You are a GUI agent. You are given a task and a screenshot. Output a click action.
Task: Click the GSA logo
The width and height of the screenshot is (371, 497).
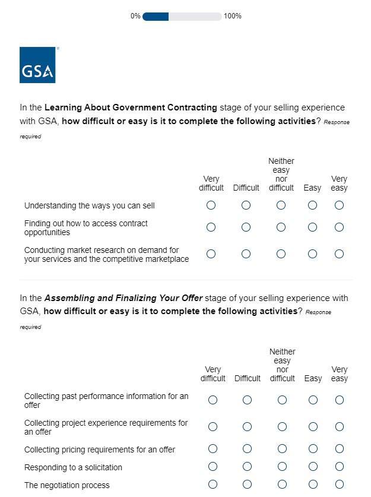click(37, 65)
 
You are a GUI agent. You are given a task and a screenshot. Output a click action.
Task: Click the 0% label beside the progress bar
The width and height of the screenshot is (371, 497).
click(135, 16)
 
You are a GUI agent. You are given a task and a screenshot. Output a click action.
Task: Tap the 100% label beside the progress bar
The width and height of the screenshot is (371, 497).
click(233, 16)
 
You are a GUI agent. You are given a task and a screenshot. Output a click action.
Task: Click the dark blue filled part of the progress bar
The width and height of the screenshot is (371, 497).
click(156, 16)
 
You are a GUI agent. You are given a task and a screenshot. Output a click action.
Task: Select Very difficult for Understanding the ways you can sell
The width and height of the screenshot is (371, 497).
click(211, 205)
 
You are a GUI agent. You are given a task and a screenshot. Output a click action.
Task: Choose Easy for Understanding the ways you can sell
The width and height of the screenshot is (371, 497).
click(312, 205)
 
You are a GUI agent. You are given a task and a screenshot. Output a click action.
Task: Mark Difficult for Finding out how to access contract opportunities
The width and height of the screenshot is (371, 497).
click(246, 227)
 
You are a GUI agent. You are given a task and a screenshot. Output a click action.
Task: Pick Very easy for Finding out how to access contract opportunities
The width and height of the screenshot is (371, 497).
click(339, 227)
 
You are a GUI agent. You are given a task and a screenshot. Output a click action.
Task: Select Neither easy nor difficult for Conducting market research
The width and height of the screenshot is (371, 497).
click(281, 254)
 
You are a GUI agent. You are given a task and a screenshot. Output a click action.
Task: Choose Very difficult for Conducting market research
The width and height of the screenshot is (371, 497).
click(211, 254)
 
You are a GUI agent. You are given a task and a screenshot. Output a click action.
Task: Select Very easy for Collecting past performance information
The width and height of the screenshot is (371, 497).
click(340, 400)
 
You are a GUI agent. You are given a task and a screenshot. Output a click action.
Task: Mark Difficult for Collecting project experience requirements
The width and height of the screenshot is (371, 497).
click(247, 427)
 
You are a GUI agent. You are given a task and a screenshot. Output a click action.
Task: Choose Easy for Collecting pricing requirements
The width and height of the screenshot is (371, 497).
click(313, 449)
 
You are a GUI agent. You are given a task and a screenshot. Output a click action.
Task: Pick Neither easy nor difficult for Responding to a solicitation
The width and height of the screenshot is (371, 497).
click(282, 467)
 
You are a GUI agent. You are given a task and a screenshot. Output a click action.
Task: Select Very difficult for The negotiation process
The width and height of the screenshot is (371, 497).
click(213, 485)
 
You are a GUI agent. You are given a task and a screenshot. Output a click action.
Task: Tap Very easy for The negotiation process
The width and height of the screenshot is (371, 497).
click(340, 485)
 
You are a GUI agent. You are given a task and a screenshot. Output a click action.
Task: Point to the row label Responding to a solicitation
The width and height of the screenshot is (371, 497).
click(73, 467)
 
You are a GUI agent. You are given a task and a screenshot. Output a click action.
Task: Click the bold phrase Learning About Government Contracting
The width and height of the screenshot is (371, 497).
click(131, 107)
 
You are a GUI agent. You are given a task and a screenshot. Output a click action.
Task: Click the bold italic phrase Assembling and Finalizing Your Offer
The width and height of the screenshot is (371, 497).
click(123, 298)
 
